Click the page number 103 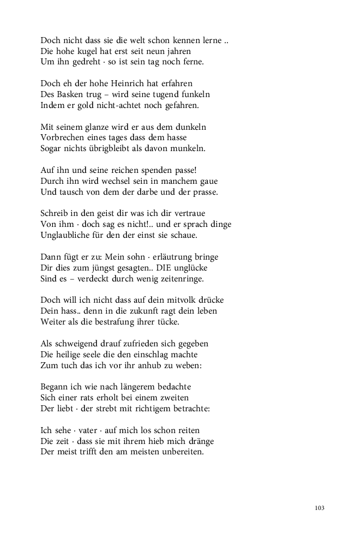pyautogui.click(x=320, y=508)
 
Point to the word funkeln pyautogui.click(x=194, y=94)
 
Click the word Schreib pyautogui.click(x=54, y=213)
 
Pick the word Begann pyautogui.click(x=55, y=387)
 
